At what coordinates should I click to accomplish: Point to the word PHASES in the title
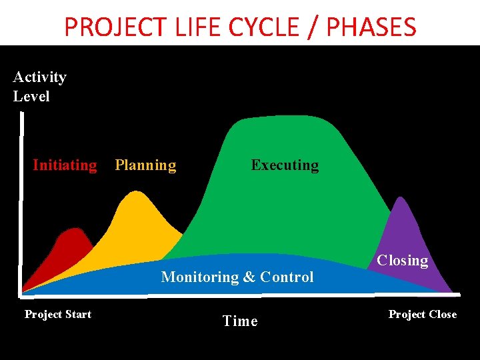(370, 27)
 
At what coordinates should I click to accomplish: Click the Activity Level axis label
(39, 87)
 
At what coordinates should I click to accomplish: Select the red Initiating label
(65, 165)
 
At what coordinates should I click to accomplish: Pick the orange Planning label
(145, 165)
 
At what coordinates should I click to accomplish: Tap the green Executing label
(285, 165)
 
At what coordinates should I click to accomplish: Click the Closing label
(403, 261)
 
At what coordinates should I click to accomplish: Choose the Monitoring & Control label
(237, 277)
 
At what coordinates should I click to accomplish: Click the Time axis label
(240, 321)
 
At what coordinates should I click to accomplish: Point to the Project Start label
(58, 314)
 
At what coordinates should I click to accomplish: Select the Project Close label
(423, 314)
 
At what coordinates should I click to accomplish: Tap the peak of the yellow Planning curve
(136, 193)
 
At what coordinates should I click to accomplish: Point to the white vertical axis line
(21, 200)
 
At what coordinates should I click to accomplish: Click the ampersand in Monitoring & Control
(249, 277)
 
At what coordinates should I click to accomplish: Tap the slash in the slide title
(314, 27)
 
